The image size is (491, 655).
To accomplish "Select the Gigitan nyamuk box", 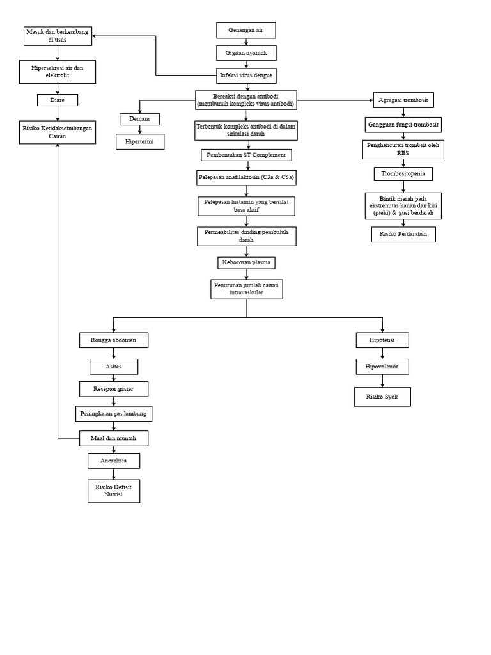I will tap(246, 52).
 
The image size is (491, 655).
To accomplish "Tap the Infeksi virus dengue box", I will tap(246, 75).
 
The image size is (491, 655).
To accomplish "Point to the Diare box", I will tap(58, 100).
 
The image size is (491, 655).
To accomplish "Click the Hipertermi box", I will tap(140, 141).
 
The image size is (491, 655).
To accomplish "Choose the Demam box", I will tap(139, 119).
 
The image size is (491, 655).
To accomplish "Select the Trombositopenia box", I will tap(403, 174).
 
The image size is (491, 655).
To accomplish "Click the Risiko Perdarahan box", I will tap(403, 235).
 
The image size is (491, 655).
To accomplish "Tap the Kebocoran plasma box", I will tap(246, 262).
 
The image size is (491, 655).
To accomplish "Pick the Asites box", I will tap(114, 367).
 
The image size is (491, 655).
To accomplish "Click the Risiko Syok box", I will tap(382, 397).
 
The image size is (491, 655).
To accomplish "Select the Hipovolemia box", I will tap(382, 367).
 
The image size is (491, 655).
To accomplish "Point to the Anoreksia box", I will tap(114, 461).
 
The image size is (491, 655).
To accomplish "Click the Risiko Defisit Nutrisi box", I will tap(114, 491).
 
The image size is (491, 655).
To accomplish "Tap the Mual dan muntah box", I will tap(114, 438).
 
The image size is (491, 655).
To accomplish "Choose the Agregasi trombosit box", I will tap(403, 100).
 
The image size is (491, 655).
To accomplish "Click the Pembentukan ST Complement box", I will tap(246, 155).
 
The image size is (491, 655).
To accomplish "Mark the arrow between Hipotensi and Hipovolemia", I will tap(382, 354).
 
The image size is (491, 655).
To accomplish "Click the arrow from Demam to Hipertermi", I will tap(139, 129).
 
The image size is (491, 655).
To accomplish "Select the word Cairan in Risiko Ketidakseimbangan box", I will tap(58, 136).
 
